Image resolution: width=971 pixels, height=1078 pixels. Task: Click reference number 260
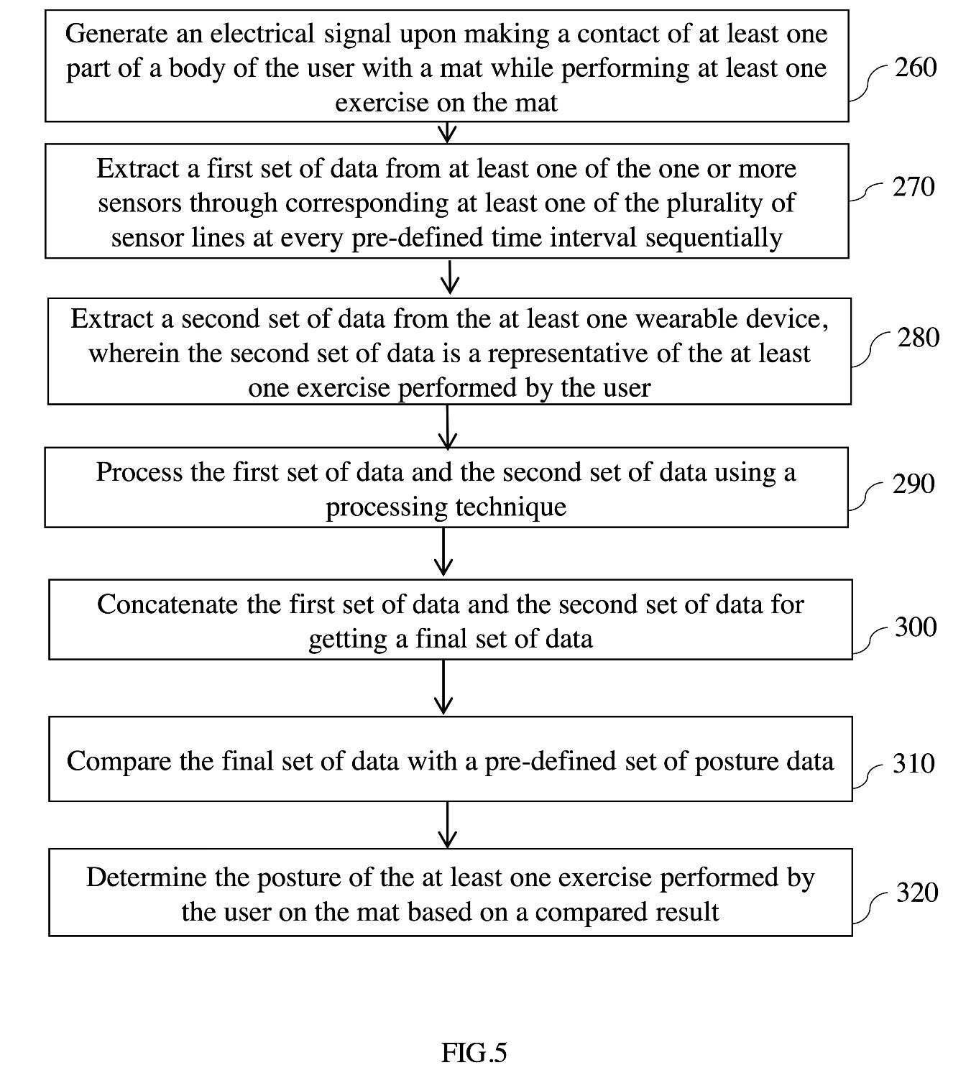click(916, 67)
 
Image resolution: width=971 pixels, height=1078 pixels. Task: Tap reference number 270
click(914, 187)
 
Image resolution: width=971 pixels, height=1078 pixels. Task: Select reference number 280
click(919, 338)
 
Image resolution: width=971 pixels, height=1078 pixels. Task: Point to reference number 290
click(914, 484)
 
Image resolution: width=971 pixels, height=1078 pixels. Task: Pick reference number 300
click(916, 627)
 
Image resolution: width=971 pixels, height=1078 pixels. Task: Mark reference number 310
click(914, 763)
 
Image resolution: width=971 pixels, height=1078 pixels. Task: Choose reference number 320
click(917, 892)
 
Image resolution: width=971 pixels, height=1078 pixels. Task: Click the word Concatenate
click(167, 604)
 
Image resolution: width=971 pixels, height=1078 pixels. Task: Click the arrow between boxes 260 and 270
click(447, 132)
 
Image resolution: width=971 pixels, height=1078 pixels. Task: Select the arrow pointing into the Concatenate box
click(443, 551)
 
